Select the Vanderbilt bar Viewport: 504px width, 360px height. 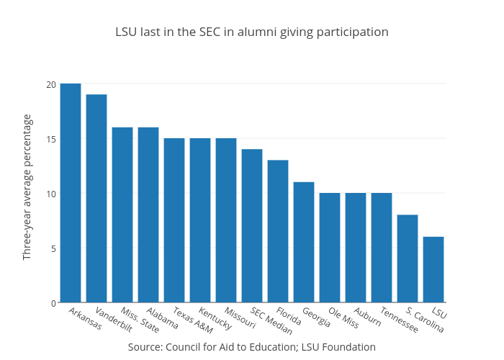tap(96, 199)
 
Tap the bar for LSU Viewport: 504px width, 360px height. tap(433, 269)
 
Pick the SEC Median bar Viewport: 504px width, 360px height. tap(252, 226)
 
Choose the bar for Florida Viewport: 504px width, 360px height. tap(278, 231)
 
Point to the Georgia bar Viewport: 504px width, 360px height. tap(304, 242)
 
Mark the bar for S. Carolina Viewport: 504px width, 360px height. tap(408, 258)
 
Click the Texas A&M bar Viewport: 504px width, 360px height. tap(174, 220)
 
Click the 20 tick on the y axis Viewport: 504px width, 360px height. tap(51, 84)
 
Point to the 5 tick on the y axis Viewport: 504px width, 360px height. tap(53, 248)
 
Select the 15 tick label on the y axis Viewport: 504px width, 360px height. tap(51, 139)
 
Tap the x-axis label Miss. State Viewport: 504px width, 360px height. tap(140, 320)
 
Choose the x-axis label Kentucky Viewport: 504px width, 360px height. tap(215, 320)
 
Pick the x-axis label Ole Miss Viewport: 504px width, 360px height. tap(343, 318)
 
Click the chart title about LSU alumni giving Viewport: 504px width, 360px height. tap(252, 32)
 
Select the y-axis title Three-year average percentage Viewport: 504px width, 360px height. tap(27, 187)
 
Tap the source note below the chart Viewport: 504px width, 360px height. tap(252, 347)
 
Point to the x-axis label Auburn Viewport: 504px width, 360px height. tap(368, 317)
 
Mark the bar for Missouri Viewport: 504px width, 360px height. tap(226, 220)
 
